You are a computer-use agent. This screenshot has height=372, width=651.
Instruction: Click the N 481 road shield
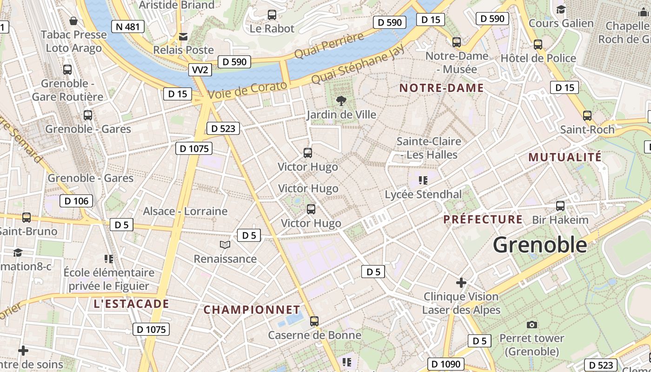click(x=127, y=27)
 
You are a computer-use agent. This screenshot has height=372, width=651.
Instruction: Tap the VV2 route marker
click(x=201, y=70)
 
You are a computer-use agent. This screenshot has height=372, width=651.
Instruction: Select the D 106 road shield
click(x=76, y=201)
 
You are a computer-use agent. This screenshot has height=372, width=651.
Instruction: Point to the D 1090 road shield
click(x=445, y=364)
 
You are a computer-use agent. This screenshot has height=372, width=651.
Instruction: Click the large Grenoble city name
click(x=540, y=245)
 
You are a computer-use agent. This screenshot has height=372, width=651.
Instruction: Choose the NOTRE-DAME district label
click(x=441, y=88)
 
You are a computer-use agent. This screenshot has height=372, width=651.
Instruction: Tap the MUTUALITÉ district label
click(x=565, y=157)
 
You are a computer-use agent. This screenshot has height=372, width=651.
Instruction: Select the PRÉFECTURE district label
click(x=483, y=219)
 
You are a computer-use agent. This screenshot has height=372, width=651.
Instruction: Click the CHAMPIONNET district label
click(x=252, y=309)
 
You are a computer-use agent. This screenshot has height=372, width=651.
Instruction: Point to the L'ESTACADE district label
click(x=131, y=304)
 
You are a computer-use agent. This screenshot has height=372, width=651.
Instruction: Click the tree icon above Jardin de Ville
click(x=341, y=100)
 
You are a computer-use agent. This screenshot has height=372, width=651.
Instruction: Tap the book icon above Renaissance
click(x=225, y=245)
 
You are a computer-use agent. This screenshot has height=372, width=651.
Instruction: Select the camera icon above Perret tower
click(x=532, y=325)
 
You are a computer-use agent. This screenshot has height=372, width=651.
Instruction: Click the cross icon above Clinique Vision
click(x=461, y=283)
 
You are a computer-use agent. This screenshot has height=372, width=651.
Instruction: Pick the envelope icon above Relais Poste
click(x=184, y=36)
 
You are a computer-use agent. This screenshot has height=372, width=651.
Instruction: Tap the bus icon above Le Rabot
click(x=272, y=15)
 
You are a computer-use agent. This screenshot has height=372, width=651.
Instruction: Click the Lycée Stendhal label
click(x=423, y=194)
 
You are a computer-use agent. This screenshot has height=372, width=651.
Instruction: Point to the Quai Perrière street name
click(x=329, y=46)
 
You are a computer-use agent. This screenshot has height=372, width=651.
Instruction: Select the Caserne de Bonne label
click(x=314, y=335)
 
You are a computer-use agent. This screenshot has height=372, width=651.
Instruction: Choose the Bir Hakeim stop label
click(x=560, y=220)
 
